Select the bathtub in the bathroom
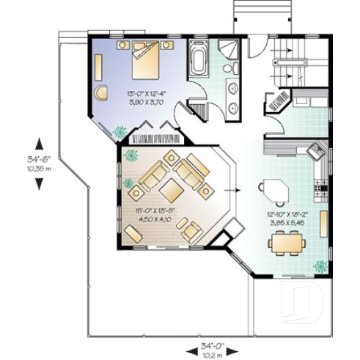(198, 59)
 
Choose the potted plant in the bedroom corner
(119, 131)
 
